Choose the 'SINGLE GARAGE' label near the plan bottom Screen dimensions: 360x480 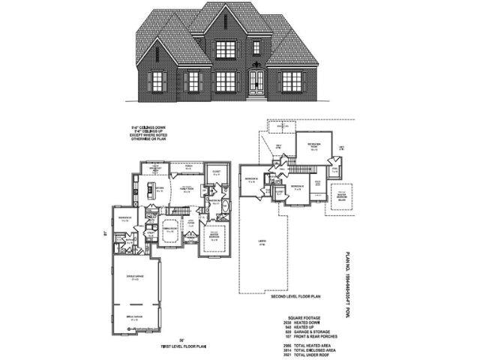[x=136, y=319]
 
